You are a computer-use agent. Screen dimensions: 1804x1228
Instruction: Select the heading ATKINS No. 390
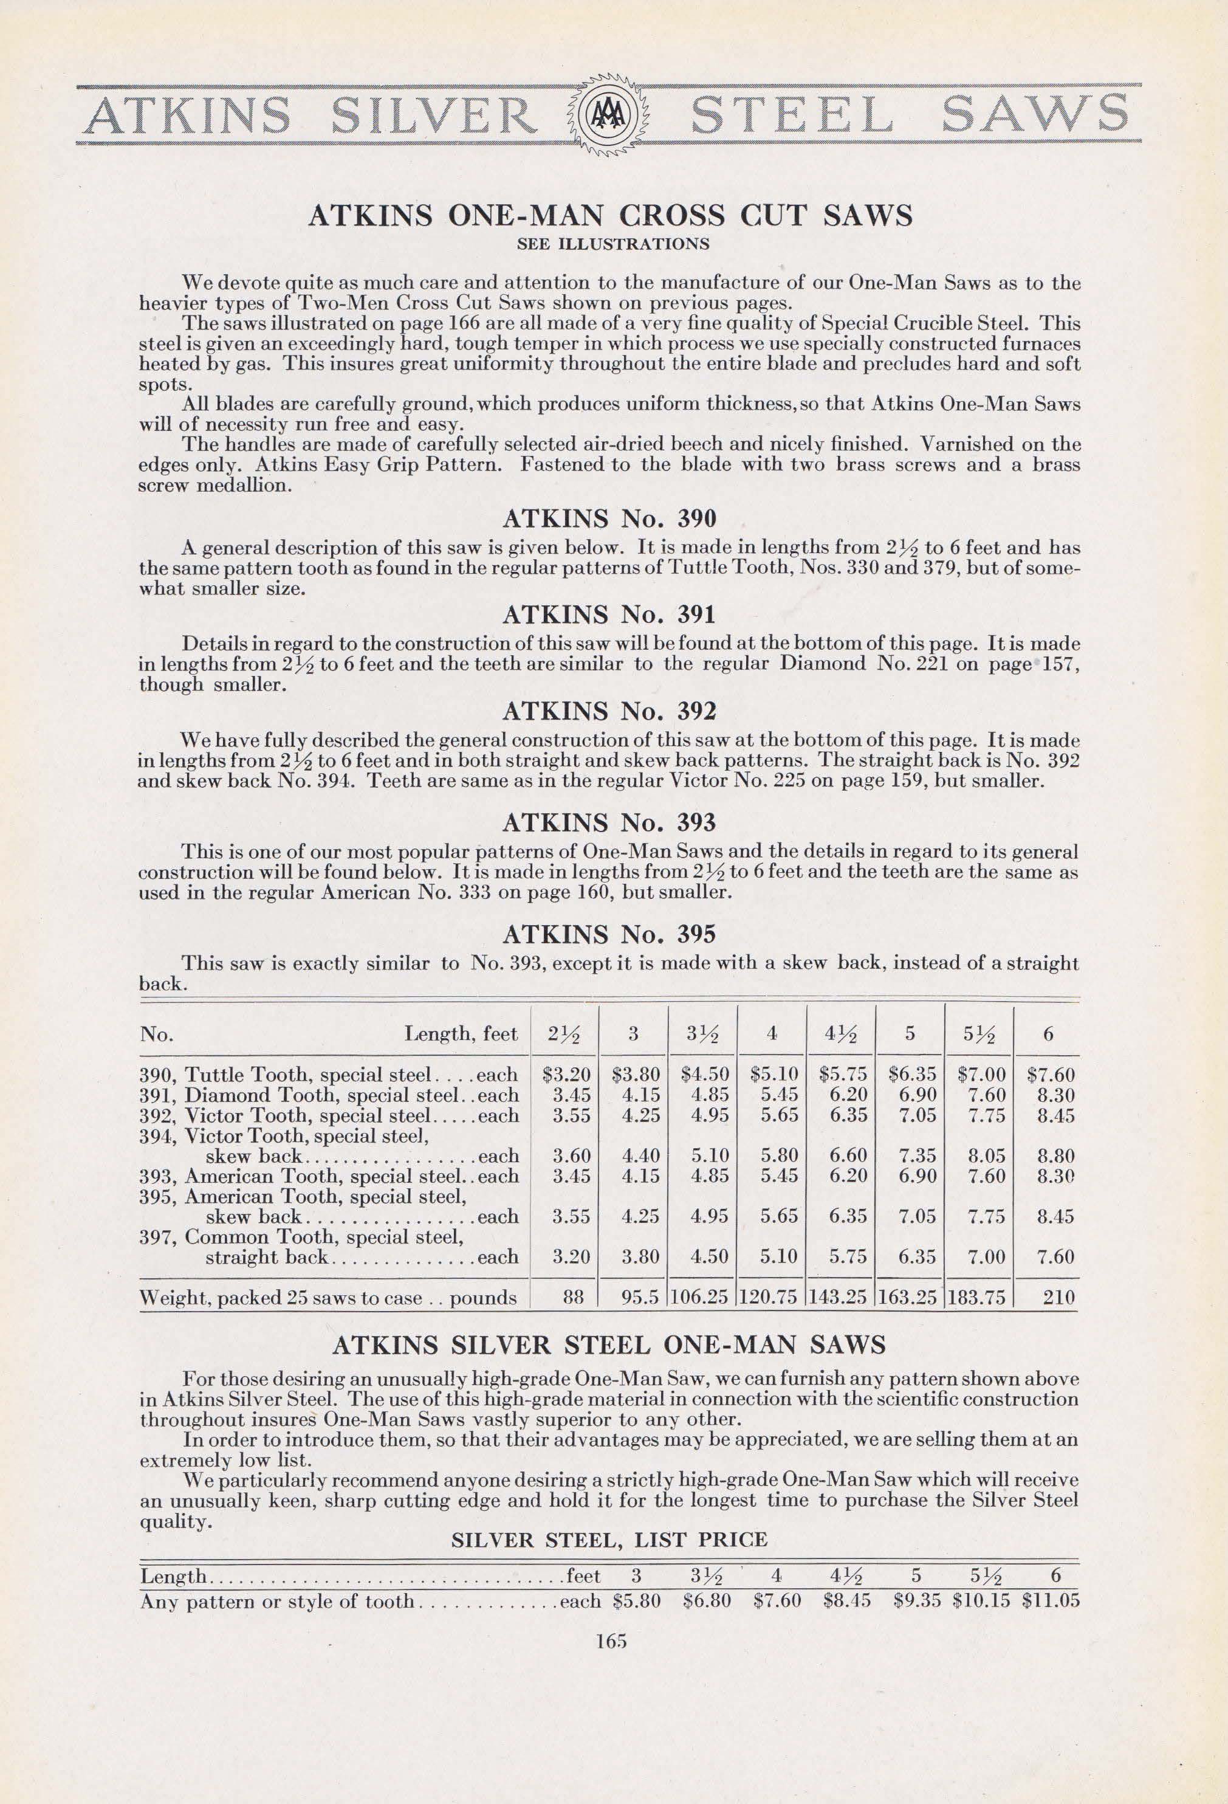click(x=609, y=517)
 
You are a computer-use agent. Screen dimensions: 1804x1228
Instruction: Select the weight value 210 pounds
click(x=1052, y=1296)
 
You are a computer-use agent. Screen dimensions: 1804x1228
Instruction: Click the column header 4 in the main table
click(x=772, y=1033)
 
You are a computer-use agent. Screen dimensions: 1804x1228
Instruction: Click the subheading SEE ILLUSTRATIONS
click(x=612, y=244)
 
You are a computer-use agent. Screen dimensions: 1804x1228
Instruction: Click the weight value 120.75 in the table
click(x=771, y=1296)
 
